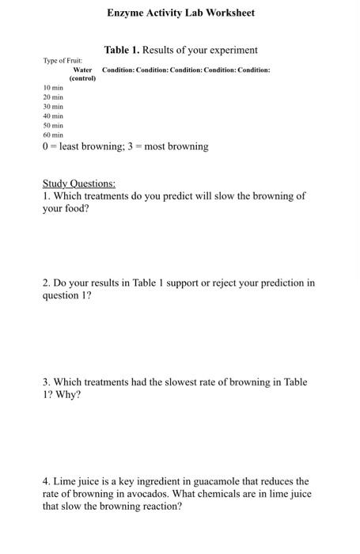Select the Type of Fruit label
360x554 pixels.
[63, 60]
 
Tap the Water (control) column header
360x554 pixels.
[82, 74]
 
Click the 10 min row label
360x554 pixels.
[53, 87]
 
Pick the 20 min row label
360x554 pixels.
[53, 97]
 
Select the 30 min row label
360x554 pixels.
[53, 106]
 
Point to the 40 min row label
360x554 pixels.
[53, 116]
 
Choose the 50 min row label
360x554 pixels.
[53, 125]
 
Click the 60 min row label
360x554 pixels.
[53, 135]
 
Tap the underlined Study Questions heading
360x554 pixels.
[79, 184]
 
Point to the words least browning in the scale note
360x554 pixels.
[86, 146]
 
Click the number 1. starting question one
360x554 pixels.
[47, 195]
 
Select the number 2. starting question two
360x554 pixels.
[47, 283]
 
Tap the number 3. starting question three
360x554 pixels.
[47, 382]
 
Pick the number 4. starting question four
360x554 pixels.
[47, 481]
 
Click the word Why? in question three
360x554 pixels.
[68, 395]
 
